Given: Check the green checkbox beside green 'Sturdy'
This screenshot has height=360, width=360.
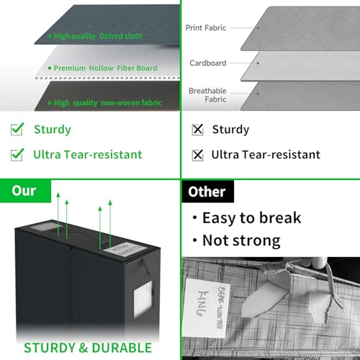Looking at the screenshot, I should [x=17, y=130].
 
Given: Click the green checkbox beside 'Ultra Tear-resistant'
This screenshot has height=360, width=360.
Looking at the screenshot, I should [x=17, y=154].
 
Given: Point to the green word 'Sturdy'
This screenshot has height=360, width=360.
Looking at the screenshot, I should [x=53, y=130].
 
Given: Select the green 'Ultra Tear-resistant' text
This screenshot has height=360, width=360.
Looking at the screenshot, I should [x=87, y=154].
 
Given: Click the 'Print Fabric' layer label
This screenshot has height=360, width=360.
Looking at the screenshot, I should [x=206, y=28].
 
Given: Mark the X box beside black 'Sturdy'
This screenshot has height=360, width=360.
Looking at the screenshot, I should [x=197, y=130].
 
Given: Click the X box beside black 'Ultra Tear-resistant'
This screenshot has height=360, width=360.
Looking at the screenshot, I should [x=197, y=155].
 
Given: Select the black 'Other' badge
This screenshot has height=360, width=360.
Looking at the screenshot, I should [x=207, y=192].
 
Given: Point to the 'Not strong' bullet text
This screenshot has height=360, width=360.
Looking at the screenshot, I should [x=240, y=240].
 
